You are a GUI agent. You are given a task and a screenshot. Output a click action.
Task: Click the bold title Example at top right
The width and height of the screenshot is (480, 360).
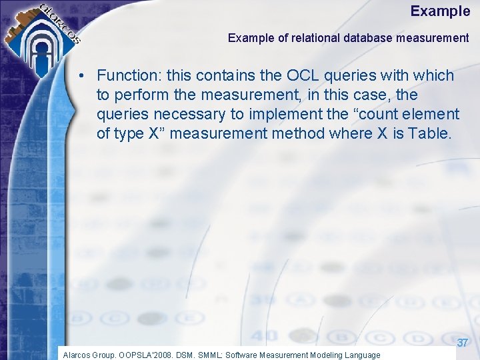440,11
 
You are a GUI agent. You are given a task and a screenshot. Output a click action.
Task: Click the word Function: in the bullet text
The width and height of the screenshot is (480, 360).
130,76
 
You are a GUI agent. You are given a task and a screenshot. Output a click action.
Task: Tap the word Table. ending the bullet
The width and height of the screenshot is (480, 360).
429,134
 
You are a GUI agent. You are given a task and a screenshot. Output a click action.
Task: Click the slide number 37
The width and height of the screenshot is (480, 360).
463,343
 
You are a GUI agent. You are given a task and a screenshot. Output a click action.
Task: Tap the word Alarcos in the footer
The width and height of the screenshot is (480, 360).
77,355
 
